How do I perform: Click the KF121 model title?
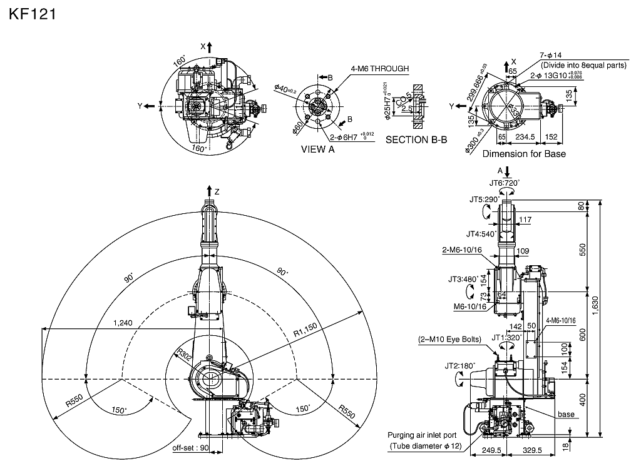33,14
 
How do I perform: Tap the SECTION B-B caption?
416,139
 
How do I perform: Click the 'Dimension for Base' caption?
524,154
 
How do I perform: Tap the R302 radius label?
184,355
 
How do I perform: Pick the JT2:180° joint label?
460,366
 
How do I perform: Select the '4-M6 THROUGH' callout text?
380,68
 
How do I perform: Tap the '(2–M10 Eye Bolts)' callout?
449,340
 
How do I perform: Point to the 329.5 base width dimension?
536,450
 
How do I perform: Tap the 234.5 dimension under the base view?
525,137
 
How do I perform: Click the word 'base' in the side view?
566,414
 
